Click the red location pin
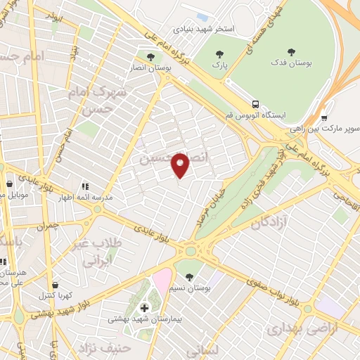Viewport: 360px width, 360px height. tap(181, 165)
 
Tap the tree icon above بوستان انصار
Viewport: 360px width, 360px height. tap(150, 56)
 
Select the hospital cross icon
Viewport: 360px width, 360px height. tap(145, 307)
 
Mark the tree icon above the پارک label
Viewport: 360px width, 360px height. tap(220, 54)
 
